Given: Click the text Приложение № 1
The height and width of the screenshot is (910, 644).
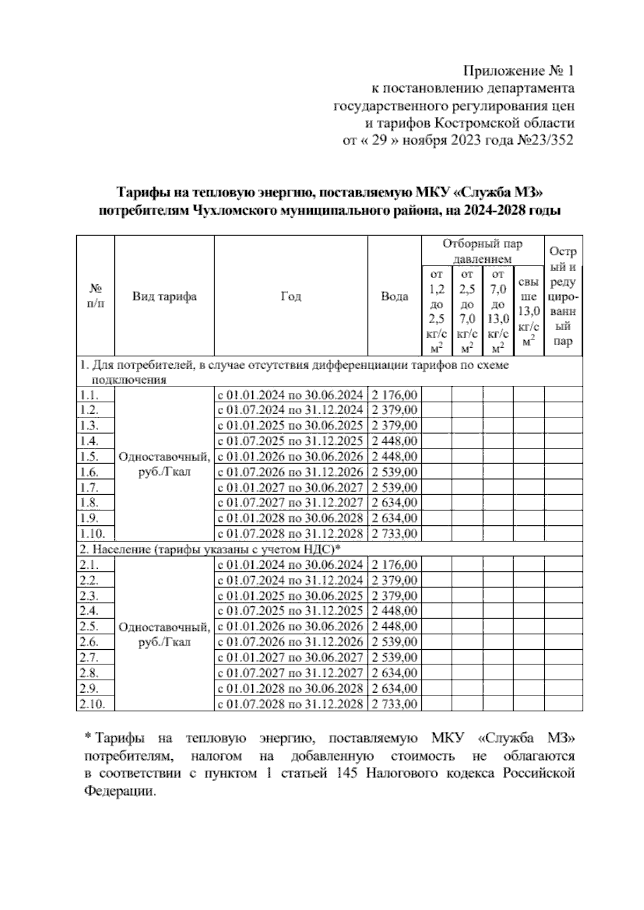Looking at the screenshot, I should (519, 71).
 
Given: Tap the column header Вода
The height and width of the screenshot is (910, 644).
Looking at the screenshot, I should (394, 296).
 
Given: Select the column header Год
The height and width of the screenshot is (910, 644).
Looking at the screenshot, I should (291, 296).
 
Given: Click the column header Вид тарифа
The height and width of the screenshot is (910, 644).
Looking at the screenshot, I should (164, 296).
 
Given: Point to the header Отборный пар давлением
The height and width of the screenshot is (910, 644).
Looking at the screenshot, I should (482, 251).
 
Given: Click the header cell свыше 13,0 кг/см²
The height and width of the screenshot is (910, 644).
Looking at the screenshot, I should (529, 311).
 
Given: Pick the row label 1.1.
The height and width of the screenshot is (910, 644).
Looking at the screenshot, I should (89, 395).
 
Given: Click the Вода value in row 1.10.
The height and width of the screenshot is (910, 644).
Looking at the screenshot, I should (394, 534).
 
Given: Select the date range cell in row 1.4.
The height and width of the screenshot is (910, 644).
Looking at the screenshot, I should (290, 441).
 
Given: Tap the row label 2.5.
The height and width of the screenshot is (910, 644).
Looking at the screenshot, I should (89, 626).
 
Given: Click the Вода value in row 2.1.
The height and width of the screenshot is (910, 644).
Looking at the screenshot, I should (394, 564).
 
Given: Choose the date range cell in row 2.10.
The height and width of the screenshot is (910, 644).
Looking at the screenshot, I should (290, 704).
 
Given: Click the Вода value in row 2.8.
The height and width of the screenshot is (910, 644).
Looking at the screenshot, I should (394, 673).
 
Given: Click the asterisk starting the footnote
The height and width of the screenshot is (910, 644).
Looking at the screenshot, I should (88, 737).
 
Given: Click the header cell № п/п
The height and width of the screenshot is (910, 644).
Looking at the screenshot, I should (95, 296).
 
